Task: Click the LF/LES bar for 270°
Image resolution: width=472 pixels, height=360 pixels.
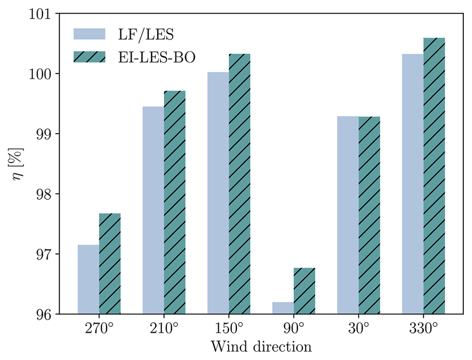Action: tap(88, 280)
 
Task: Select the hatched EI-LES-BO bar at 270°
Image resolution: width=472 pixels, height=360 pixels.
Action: tap(110, 264)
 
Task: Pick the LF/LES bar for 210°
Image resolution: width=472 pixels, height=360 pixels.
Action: tap(153, 210)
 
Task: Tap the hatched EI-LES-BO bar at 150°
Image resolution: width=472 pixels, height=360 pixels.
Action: tap(239, 184)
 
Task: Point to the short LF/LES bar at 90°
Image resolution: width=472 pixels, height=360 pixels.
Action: tap(283, 308)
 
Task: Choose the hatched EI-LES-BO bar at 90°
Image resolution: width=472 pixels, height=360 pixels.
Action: tap(304, 291)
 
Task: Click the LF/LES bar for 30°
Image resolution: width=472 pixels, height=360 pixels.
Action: tap(348, 215)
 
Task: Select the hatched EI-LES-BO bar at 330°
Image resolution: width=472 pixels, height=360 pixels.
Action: tap(434, 176)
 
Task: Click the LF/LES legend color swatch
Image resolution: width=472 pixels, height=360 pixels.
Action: tap(90, 34)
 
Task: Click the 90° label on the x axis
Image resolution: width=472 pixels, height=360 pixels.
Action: tap(294, 328)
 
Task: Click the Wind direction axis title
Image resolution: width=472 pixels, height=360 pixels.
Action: tap(261, 347)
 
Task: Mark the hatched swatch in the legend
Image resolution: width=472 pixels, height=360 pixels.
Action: tap(90, 57)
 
